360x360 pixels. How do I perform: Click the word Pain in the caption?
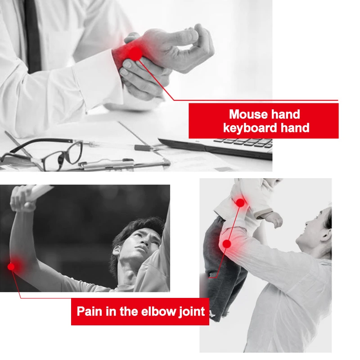tap(90, 311)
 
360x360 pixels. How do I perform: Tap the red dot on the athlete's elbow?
tap(11, 266)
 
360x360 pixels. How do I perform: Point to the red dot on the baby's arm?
tap(240, 203)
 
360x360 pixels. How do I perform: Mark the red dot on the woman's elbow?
tap(227, 243)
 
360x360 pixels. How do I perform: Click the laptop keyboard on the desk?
tap(245, 143)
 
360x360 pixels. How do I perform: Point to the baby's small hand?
tap(275, 220)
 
